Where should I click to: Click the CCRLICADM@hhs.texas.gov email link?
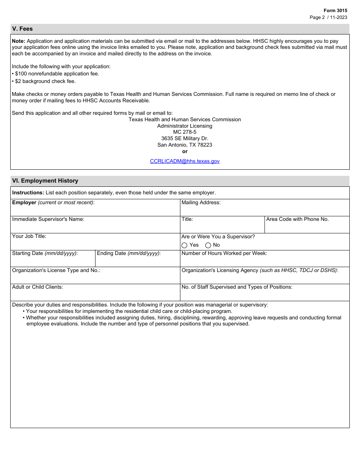[x=185, y=161]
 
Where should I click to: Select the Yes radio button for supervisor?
[x=185, y=245]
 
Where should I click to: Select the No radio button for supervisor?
[x=208, y=245]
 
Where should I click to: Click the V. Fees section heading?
[x=22, y=29]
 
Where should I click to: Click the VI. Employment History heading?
[x=45, y=181]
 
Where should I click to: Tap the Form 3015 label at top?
[x=335, y=11]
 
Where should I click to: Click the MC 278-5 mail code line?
[x=185, y=132]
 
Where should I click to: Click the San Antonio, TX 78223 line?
[x=185, y=145]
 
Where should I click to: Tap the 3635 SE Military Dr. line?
[x=185, y=139]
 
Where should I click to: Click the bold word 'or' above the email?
[x=185, y=151]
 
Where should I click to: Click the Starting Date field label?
[x=45, y=253]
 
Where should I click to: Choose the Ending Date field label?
[x=128, y=253]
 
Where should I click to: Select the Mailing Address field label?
[x=201, y=203]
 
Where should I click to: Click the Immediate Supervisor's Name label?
[x=48, y=219]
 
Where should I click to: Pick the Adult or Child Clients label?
[x=38, y=287]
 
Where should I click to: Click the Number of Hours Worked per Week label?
[x=224, y=253]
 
